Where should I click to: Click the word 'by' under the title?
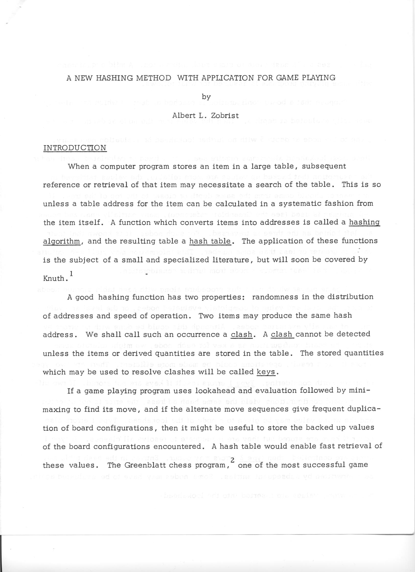point(206,97)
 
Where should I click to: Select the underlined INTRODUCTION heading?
point(75,148)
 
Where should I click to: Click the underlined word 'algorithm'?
point(62,241)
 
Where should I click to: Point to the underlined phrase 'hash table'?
point(210,241)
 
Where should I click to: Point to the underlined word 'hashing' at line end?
point(364,223)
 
